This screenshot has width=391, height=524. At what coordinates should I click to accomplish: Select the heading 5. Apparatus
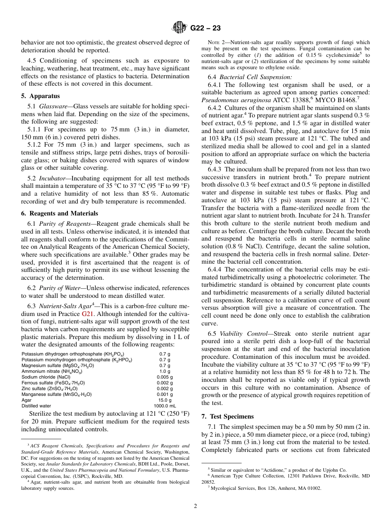pos(40,96)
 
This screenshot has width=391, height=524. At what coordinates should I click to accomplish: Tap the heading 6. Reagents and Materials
pos(59,213)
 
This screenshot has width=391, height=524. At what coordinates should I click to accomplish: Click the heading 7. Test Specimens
pos(228,416)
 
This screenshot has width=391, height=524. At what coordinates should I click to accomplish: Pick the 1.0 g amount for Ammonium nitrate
pos(165,372)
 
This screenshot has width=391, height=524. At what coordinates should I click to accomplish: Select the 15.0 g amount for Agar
pos(165,400)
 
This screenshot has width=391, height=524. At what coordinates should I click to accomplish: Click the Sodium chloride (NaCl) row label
pos(46,377)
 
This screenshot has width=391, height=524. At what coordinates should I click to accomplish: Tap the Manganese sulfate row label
pos(56,394)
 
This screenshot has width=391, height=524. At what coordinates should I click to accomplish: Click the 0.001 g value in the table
pos(165,394)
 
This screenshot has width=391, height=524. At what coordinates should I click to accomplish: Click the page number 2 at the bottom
pos(195,506)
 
